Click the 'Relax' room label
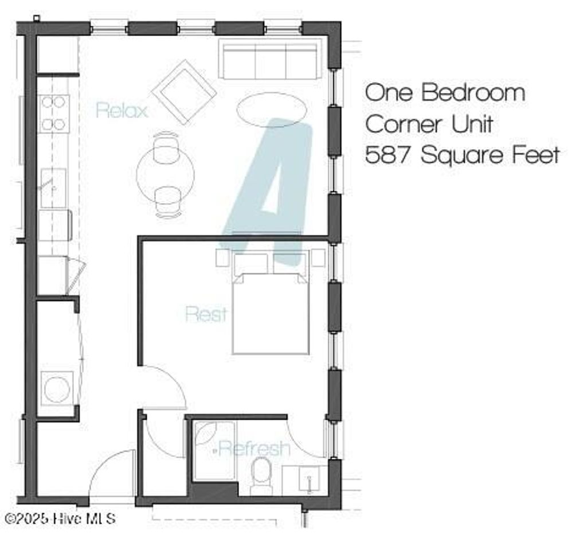pos(122,110)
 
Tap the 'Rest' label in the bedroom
pos(206,314)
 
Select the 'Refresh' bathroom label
pos(254,448)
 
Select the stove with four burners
pos(54,114)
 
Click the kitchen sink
pos(53,187)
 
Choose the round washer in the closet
pos(57,389)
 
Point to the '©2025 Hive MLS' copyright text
pos(59,518)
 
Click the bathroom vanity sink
pos(306,480)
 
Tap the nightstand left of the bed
pos(223,258)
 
